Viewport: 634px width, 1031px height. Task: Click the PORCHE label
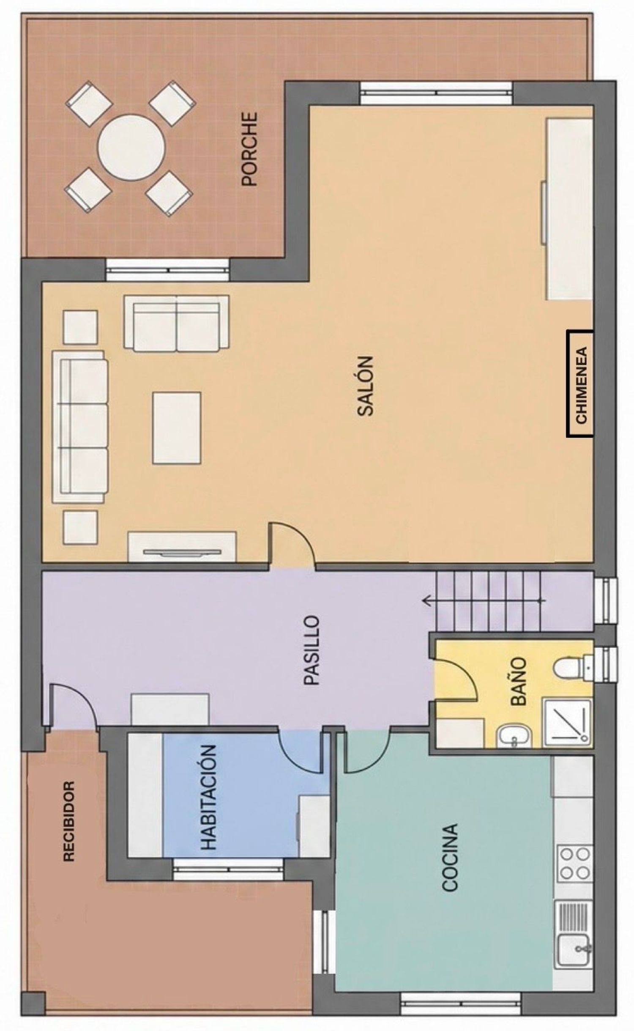(x=249, y=148)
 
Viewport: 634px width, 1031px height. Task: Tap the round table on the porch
(x=131, y=148)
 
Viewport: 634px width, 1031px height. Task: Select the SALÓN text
(x=366, y=386)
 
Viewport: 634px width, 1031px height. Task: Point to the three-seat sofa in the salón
(x=80, y=427)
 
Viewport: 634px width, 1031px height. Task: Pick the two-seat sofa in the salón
(x=176, y=324)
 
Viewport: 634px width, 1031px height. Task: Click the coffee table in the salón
(x=177, y=428)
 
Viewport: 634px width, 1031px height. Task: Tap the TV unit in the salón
(x=182, y=547)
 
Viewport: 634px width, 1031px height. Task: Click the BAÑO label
(x=519, y=682)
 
